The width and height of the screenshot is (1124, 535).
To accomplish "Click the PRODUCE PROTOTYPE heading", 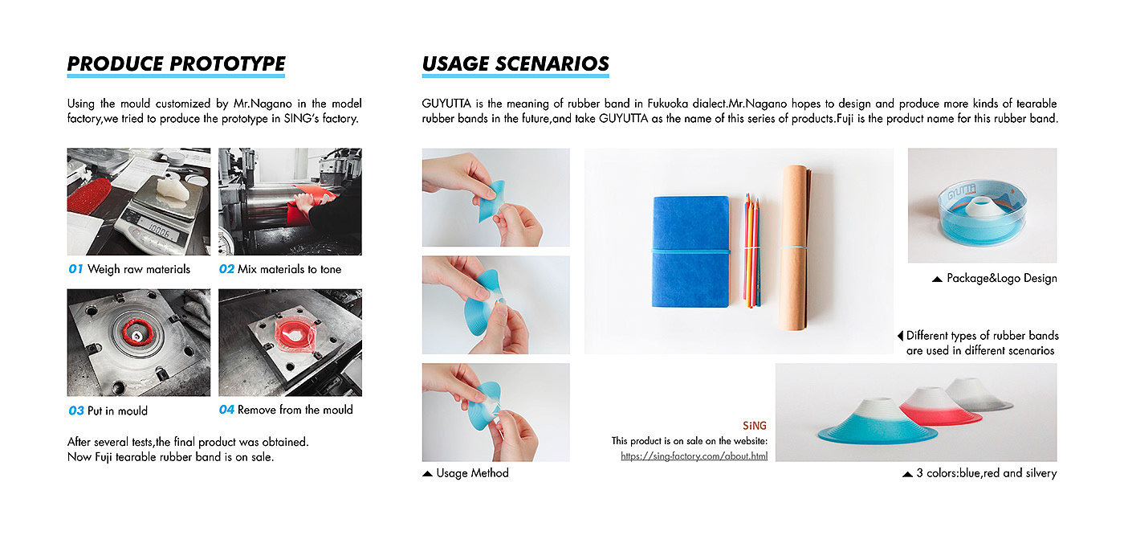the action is pyautogui.click(x=176, y=64).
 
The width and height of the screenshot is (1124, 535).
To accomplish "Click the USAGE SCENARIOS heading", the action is pyautogui.click(x=515, y=64).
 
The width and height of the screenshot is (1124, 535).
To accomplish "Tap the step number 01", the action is pyautogui.click(x=75, y=269).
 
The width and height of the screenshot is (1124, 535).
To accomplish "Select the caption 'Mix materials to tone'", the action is pyautogui.click(x=289, y=269).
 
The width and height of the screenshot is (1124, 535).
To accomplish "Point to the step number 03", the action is pyautogui.click(x=76, y=411).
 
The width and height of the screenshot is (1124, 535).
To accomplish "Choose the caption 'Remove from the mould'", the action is pyautogui.click(x=295, y=410).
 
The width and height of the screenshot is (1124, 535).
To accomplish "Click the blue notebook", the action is pyautogui.click(x=691, y=251).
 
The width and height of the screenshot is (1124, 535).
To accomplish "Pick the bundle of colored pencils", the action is pyautogui.click(x=751, y=250).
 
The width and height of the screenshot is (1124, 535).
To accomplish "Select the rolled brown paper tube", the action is pyautogui.click(x=795, y=247).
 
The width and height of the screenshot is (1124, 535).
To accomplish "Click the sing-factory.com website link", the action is pyautogui.click(x=694, y=456).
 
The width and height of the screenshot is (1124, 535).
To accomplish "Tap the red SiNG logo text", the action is pyautogui.click(x=755, y=426).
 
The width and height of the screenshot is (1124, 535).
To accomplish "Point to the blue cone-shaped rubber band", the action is pyautogui.click(x=877, y=423).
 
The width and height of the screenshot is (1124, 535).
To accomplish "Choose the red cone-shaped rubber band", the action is pyautogui.click(x=940, y=406).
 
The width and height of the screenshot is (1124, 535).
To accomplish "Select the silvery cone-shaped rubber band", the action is pyautogui.click(x=979, y=394).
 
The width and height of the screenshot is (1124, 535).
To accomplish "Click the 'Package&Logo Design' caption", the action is pyautogui.click(x=1002, y=279).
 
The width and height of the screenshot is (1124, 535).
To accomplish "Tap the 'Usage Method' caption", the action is pyautogui.click(x=472, y=473).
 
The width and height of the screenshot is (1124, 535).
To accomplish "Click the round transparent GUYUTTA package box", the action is pyautogui.click(x=982, y=214).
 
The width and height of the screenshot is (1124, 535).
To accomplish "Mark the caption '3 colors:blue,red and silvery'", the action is pyautogui.click(x=987, y=473).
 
